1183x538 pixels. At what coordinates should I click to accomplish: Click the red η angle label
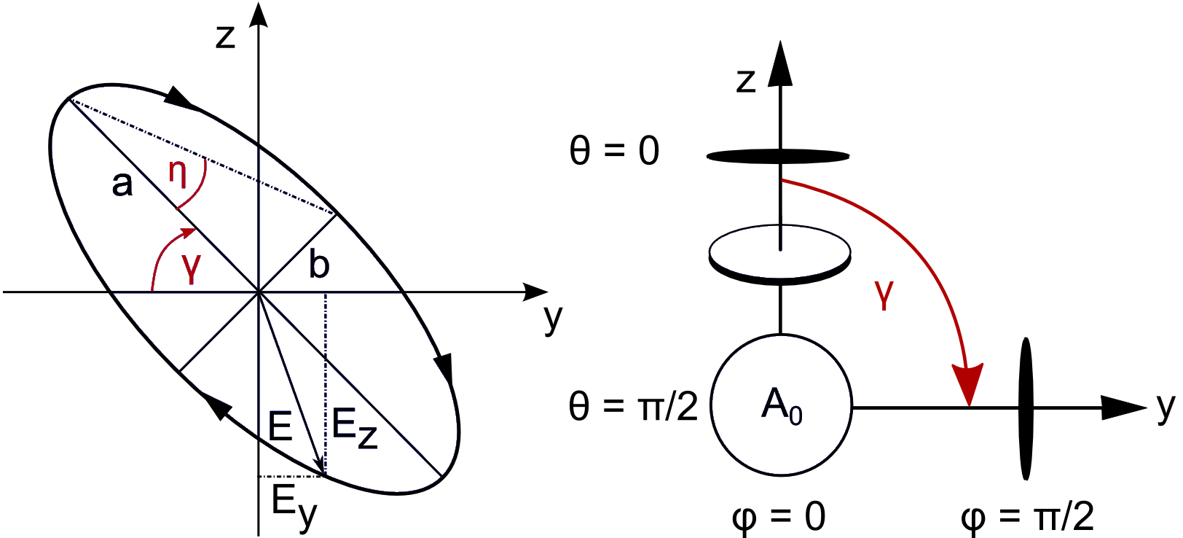pyautogui.click(x=178, y=174)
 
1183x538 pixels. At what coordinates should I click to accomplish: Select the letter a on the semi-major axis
pyautogui.click(x=122, y=184)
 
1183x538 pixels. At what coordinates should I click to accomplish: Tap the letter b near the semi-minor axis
pyautogui.click(x=319, y=264)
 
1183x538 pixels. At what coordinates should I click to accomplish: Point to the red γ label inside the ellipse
pyautogui.click(x=191, y=267)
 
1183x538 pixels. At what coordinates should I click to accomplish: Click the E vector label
pyautogui.click(x=280, y=426)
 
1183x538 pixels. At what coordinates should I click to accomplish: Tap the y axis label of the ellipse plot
pyautogui.click(x=554, y=318)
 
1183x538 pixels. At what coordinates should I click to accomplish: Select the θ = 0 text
pyautogui.click(x=614, y=152)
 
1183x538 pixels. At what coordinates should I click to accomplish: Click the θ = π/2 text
pyautogui.click(x=632, y=406)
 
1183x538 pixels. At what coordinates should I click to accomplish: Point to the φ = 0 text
pyautogui.click(x=778, y=517)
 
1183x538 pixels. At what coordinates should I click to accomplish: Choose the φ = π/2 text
pyautogui.click(x=1027, y=517)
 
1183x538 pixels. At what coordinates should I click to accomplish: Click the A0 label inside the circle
pyautogui.click(x=781, y=405)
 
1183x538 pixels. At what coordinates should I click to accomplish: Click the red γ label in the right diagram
pyautogui.click(x=884, y=295)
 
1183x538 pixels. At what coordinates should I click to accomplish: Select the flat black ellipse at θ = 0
pyautogui.click(x=778, y=156)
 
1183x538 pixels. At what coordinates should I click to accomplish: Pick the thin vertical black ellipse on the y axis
pyautogui.click(x=1026, y=408)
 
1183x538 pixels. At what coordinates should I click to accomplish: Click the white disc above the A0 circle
pyautogui.click(x=779, y=252)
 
